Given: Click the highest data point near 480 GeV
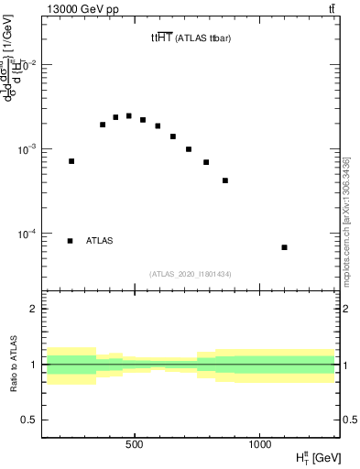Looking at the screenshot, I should pyautogui.click(x=129, y=116).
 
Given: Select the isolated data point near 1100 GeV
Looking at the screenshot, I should pyautogui.click(x=285, y=247).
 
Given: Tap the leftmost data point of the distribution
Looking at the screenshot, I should pyautogui.click(x=71, y=161).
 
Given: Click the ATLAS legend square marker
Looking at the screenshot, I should pyautogui.click(x=71, y=241).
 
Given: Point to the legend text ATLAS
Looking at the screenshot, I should pyautogui.click(x=100, y=241).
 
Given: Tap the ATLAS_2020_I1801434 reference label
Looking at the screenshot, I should pyautogui.click(x=191, y=274).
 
